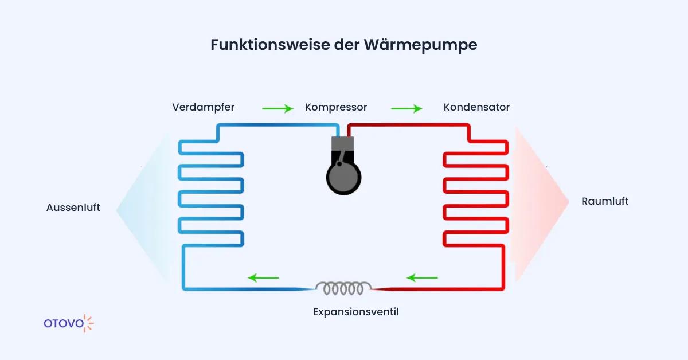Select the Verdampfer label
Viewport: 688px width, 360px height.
pos(203,107)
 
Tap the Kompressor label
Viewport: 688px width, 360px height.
pos(336,107)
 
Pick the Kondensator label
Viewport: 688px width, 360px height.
pos(476,107)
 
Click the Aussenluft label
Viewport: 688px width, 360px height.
pos(73,208)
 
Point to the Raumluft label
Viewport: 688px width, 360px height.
pos(605,201)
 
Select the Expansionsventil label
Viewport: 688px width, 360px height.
pos(356,312)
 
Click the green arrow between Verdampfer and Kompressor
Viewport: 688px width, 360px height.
pos(277,108)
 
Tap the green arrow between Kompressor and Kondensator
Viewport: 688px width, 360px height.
pos(406,108)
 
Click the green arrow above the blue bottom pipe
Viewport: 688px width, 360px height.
pos(263,278)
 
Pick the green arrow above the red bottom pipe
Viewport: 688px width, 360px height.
pos(422,278)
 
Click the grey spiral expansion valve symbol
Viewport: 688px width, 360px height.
pos(343,288)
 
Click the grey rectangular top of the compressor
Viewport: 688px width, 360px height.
pos(343,144)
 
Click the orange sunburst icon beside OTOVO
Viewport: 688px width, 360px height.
pos(88,323)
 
